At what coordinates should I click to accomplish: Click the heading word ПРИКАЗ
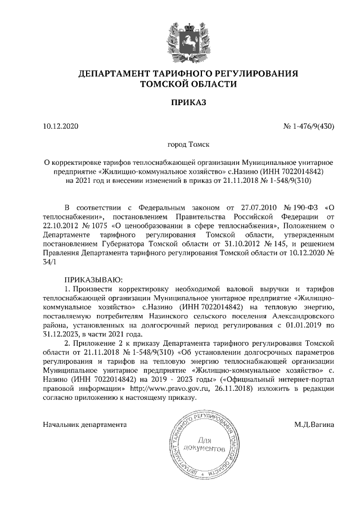click(180, 102)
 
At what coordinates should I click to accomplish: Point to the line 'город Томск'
click(180, 145)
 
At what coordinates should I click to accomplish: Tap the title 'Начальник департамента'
click(85, 425)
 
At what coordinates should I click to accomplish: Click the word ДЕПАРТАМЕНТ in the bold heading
click(112, 74)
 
